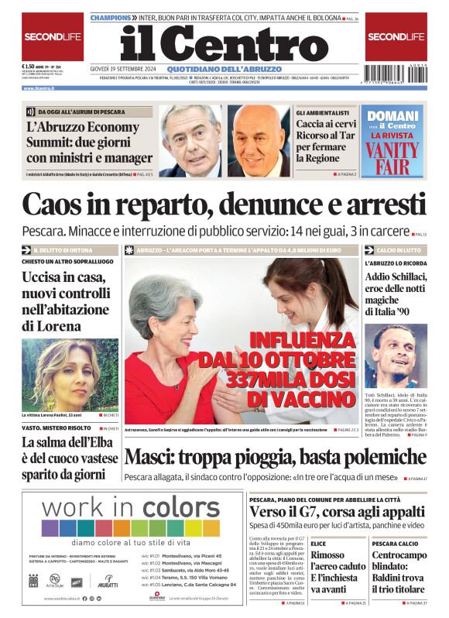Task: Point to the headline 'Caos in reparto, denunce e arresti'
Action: tap(224, 204)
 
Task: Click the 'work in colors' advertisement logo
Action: tap(120, 509)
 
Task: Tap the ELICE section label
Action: tap(318, 544)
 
